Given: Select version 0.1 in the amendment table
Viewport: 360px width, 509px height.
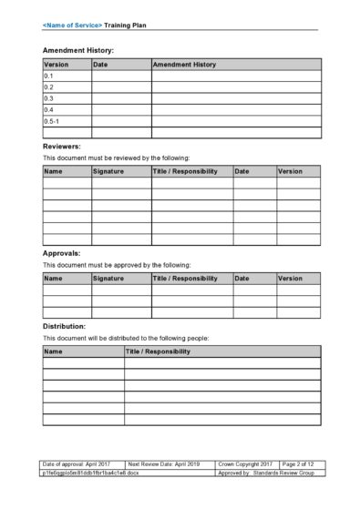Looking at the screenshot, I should [49, 76].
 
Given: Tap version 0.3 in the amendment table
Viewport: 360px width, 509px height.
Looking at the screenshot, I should [49, 98].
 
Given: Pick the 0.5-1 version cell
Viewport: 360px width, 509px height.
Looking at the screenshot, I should [52, 120].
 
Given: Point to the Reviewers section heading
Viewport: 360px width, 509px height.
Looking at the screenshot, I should [62, 146].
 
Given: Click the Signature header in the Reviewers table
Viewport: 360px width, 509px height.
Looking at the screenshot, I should [108, 171].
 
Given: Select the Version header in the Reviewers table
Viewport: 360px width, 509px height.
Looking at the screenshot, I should [290, 171].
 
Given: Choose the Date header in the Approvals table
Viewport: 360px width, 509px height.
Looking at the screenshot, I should [242, 278].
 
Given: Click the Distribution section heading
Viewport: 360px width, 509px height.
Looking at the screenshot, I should [65, 325].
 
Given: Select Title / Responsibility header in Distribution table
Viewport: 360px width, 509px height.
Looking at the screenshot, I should [158, 351].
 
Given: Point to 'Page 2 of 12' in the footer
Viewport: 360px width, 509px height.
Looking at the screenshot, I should [297, 464].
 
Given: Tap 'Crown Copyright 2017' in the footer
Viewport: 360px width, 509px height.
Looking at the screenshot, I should [246, 464].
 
